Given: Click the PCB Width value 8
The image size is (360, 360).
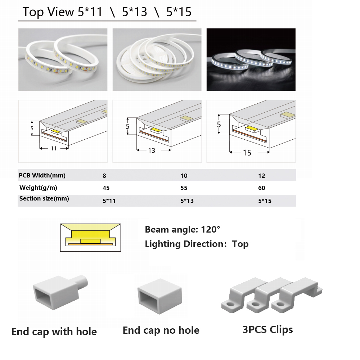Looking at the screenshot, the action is click(104, 176).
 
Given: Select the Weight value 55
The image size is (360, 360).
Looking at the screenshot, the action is click(184, 188).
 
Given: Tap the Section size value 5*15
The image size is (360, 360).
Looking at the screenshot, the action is click(265, 201).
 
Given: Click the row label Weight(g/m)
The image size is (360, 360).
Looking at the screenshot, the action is click(38, 188).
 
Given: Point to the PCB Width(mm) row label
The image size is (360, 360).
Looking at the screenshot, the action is click(42, 176).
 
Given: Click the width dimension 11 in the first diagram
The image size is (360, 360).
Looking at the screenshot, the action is click(54, 149).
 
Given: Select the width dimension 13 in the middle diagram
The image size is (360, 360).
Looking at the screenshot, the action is click(152, 150).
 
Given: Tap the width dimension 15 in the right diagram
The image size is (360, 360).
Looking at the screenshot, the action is click(247, 153).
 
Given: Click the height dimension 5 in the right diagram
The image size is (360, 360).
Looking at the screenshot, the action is click(219, 125).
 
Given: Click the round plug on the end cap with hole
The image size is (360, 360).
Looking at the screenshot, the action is click(82, 282).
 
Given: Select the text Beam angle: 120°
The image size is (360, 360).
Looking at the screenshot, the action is click(183, 229).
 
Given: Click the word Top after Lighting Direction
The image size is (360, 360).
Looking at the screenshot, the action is click(240, 244).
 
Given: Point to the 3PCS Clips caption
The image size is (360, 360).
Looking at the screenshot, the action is click(268, 330).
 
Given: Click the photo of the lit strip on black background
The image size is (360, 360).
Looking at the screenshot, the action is click(251, 59).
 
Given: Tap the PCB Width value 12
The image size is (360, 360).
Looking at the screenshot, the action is click(261, 176).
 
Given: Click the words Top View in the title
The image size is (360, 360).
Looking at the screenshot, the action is click(49, 12).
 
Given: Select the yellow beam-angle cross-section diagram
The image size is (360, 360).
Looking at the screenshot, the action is click(90, 238).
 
